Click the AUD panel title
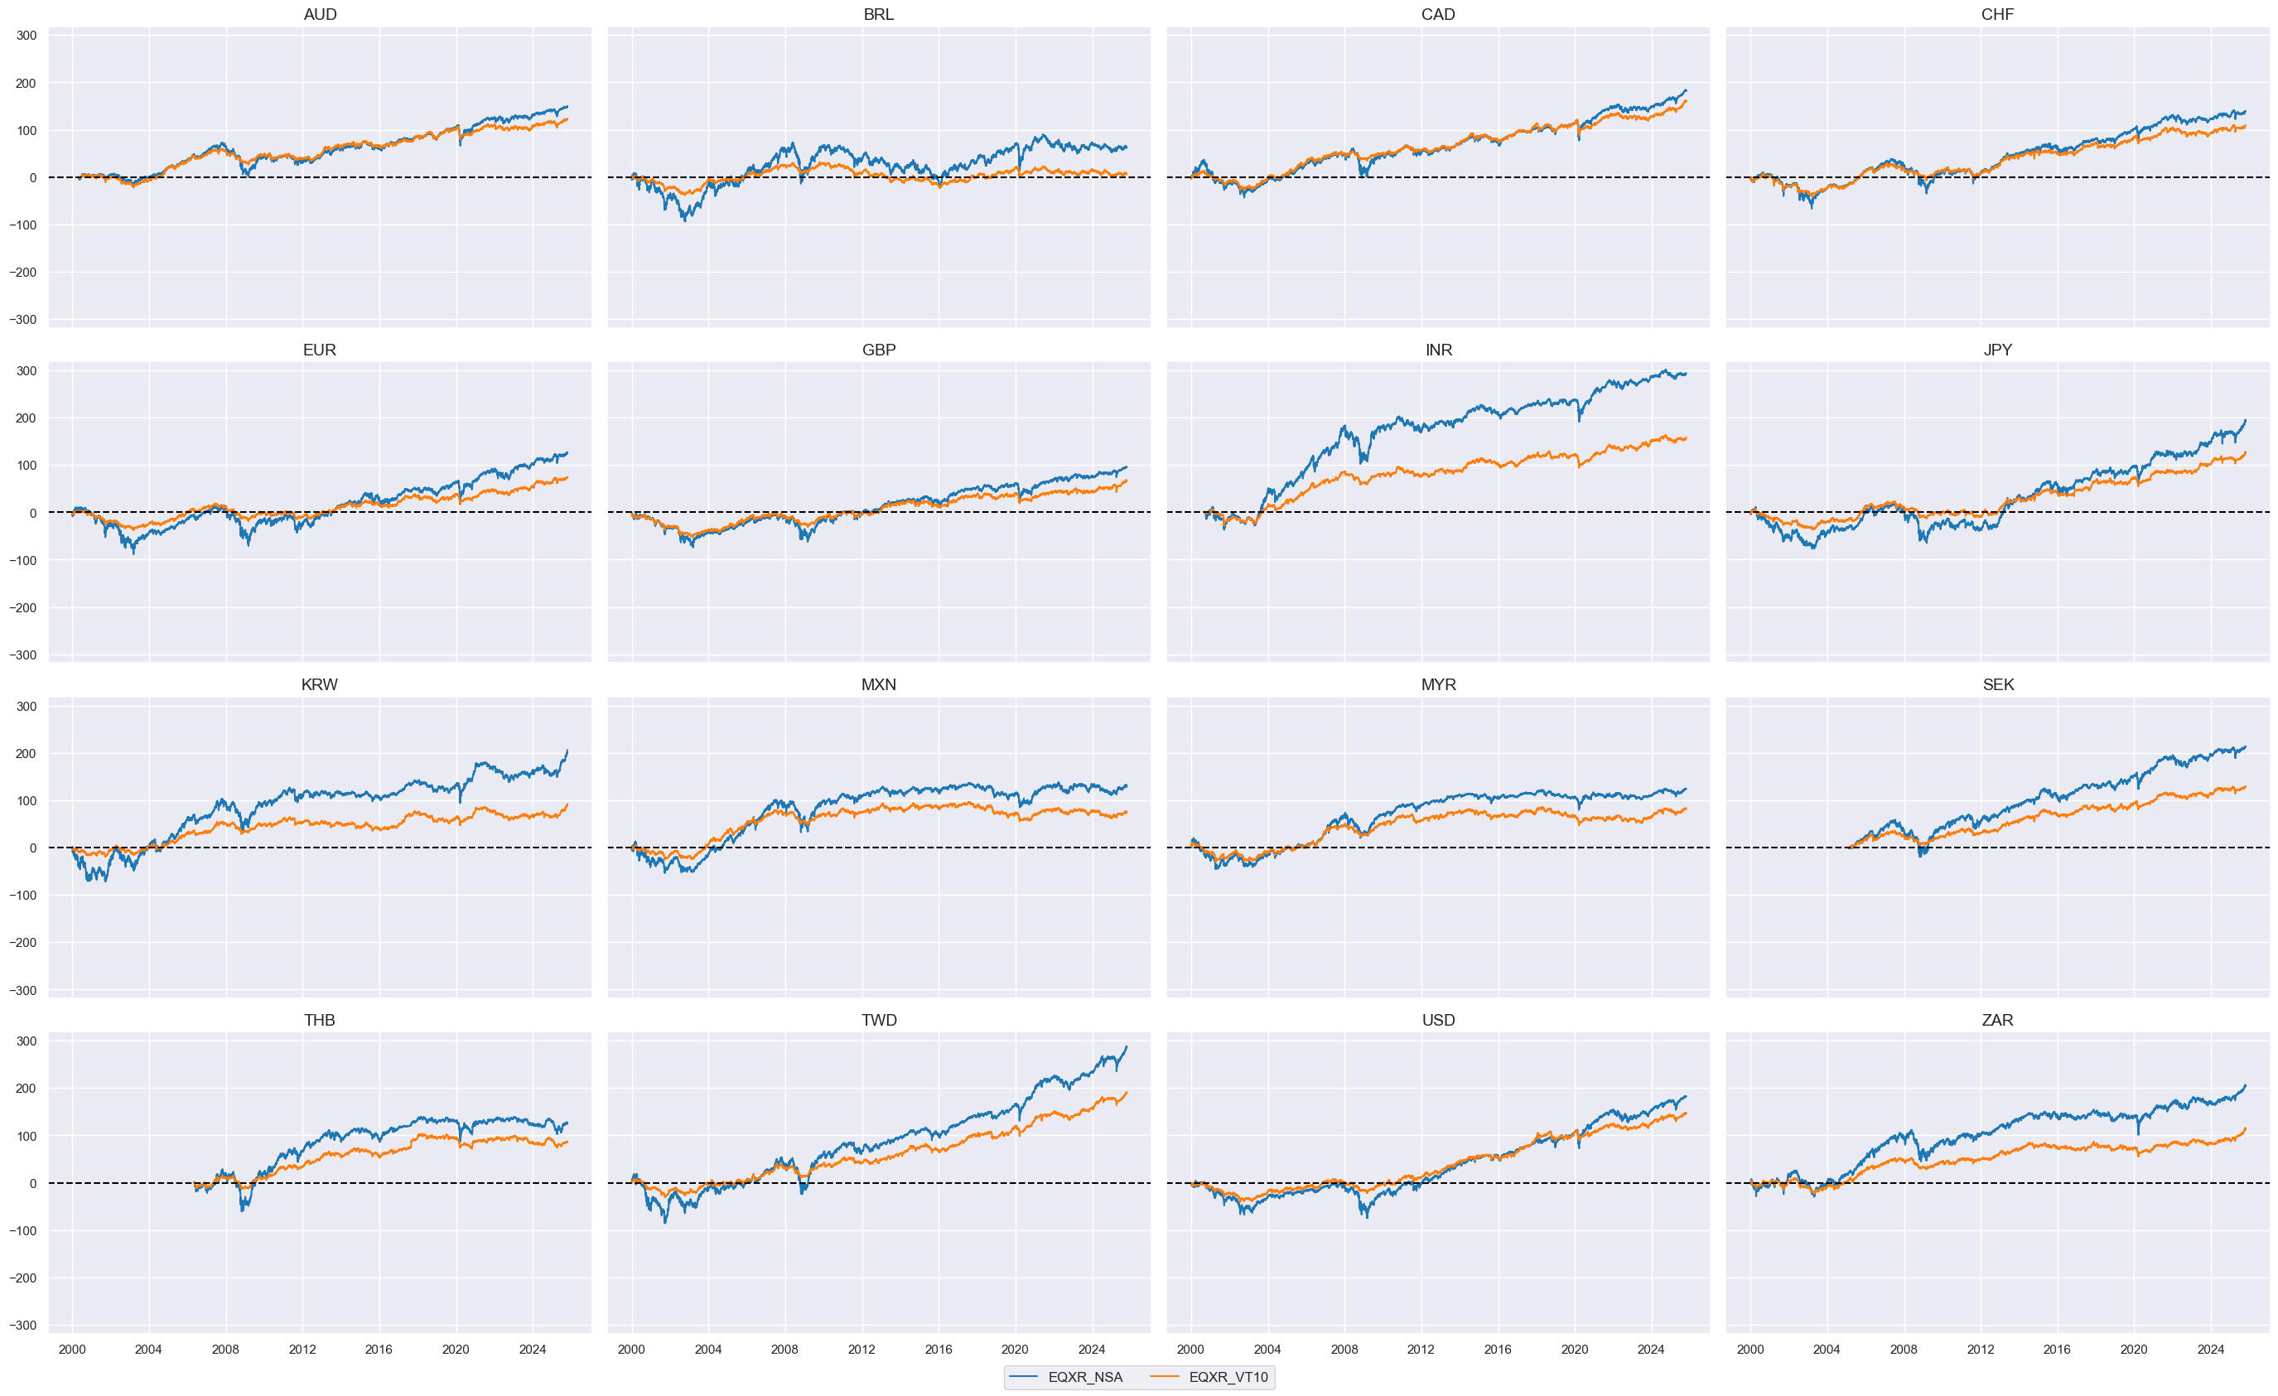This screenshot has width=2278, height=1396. [x=320, y=15]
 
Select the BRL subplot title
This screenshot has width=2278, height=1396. [x=878, y=15]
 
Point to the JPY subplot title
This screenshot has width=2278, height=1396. [x=1997, y=350]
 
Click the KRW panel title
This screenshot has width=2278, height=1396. [x=320, y=685]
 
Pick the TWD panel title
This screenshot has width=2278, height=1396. [x=878, y=1021]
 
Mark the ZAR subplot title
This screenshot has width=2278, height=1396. [x=1997, y=1021]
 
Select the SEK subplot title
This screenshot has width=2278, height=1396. [x=1997, y=685]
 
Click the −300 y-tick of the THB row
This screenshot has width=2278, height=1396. [x=24, y=1326]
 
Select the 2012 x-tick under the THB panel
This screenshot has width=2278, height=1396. [x=302, y=1350]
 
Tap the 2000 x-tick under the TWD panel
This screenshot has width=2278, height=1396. [x=631, y=1350]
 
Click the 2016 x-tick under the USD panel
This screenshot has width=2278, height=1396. [x=1498, y=1350]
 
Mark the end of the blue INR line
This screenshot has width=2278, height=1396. [x=1686, y=374]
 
